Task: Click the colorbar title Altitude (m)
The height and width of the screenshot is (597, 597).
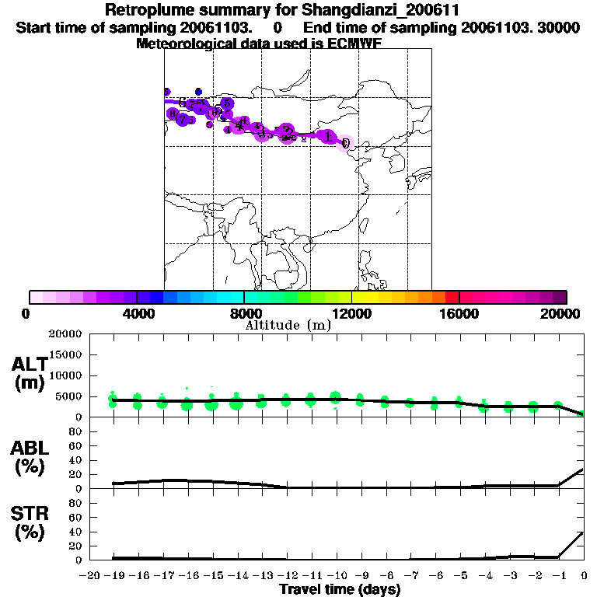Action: (288, 325)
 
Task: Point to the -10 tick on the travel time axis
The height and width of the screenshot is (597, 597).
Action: (335, 575)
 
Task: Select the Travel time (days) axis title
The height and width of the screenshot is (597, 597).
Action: (340, 590)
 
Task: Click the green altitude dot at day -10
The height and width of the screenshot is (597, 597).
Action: (336, 398)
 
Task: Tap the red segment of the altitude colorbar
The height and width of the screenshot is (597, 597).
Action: (452, 297)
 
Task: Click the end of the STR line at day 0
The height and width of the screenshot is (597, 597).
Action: (583, 532)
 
